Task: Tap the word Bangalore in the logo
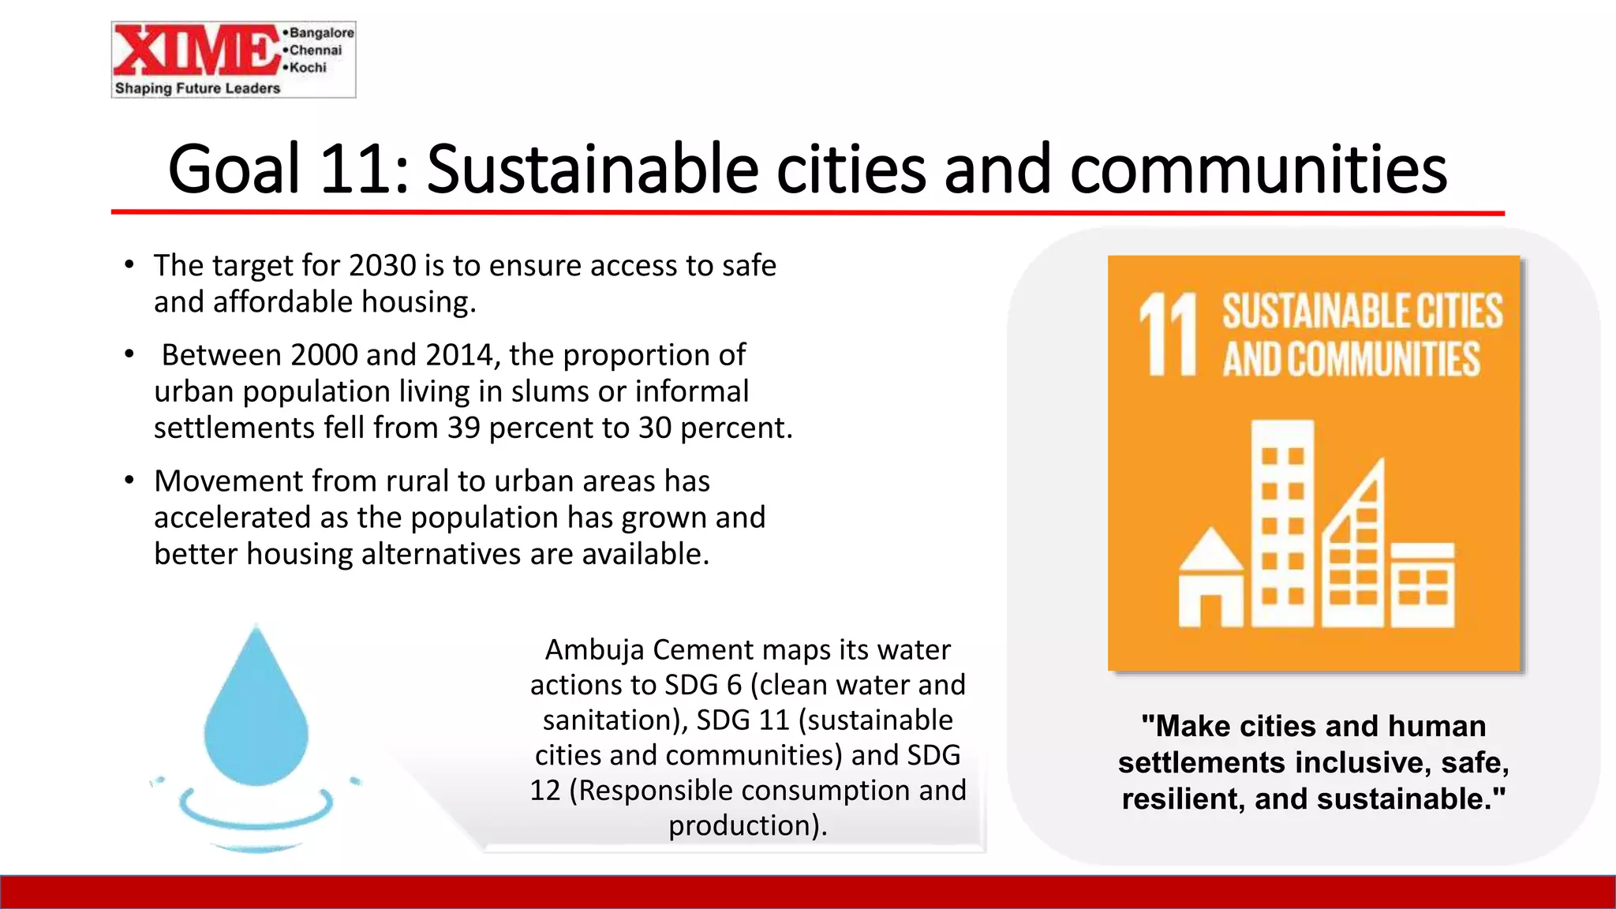tap(321, 32)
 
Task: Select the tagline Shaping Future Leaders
tap(197, 88)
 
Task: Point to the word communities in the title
tap(1258, 169)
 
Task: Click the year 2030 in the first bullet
tap(383, 266)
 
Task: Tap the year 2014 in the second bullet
tap(463, 355)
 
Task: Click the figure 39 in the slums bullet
tap(464, 428)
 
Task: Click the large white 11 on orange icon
tap(1169, 335)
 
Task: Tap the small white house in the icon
tap(1210, 581)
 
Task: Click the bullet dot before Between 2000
tap(129, 354)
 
